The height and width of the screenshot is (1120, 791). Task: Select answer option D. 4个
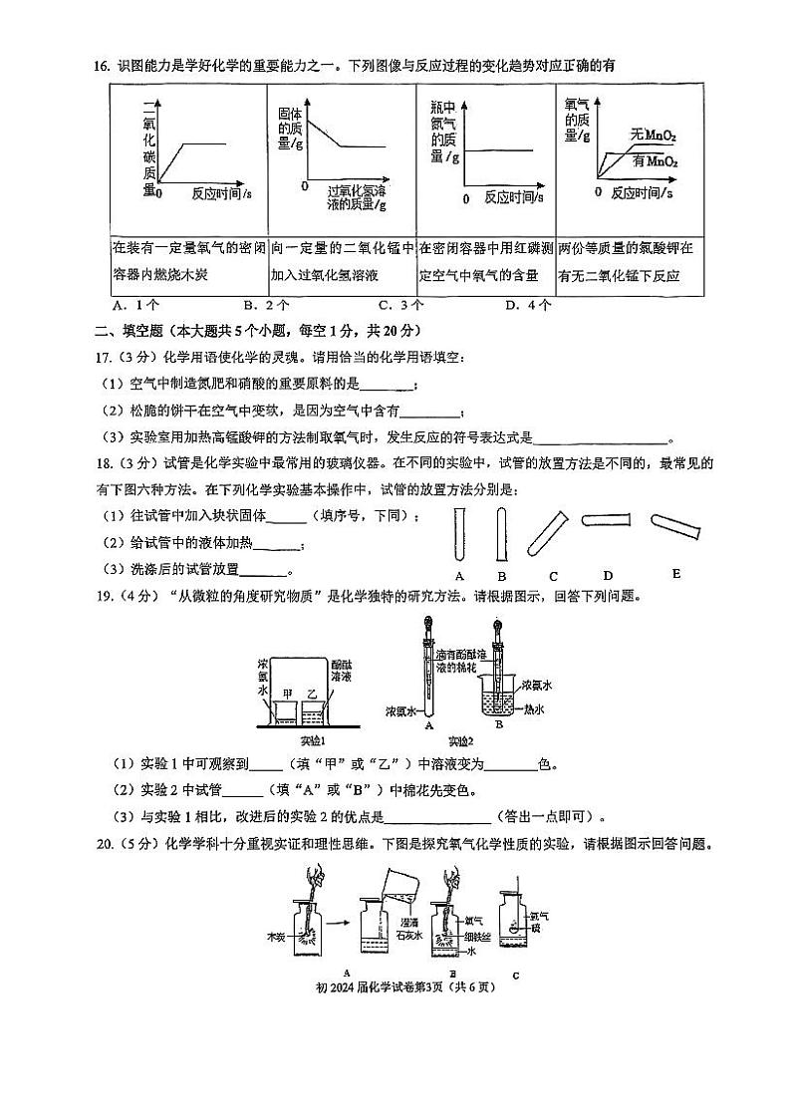coord(528,306)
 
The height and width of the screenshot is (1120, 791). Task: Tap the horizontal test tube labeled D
coord(606,518)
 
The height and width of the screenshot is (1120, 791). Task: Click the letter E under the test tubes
coord(676,573)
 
